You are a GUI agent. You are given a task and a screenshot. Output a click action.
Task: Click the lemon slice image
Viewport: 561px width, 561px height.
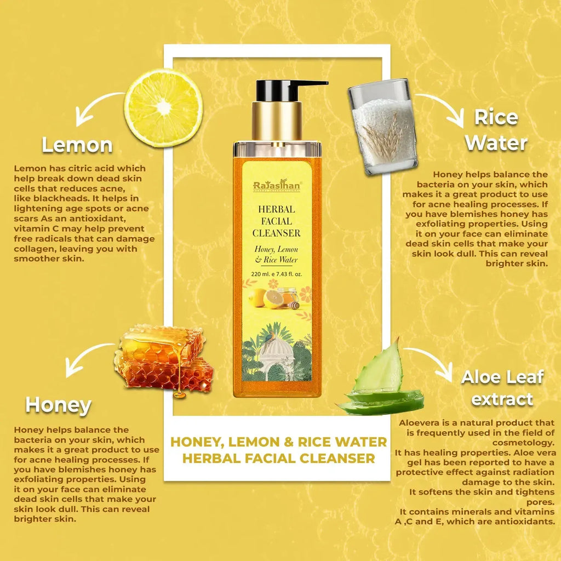(163, 107)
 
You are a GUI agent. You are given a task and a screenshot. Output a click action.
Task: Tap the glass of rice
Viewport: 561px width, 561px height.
(382, 127)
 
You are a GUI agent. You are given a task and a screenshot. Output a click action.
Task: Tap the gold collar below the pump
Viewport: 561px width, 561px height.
(277, 122)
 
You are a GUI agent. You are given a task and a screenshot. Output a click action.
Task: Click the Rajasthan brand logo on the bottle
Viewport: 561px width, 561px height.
(277, 185)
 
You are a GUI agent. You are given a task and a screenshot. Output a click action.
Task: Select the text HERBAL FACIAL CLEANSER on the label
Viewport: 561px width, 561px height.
(277, 221)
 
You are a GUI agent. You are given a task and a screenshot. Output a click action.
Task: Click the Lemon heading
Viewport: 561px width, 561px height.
(77, 145)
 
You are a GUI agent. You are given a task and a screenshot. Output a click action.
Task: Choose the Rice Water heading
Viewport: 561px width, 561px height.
(496, 130)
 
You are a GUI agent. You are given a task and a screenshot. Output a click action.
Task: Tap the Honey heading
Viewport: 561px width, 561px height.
(58, 405)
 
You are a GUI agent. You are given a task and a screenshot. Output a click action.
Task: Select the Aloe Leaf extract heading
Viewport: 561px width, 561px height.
(502, 388)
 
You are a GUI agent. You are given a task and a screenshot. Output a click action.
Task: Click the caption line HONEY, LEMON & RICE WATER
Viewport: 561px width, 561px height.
(279, 442)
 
